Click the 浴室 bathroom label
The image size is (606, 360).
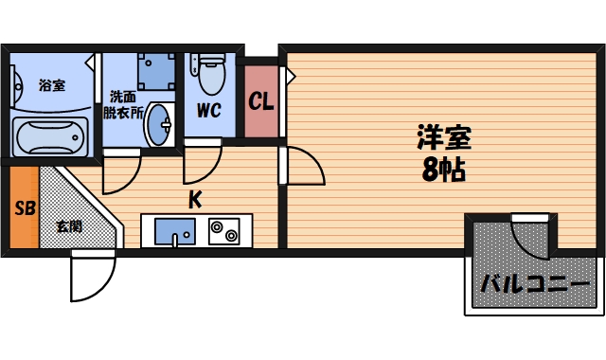pyautogui.click(x=52, y=86)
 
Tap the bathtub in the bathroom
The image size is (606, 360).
pyautogui.click(x=49, y=136)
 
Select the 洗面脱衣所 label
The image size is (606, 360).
pyautogui.click(x=123, y=103)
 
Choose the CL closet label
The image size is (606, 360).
pyautogui.click(x=260, y=100)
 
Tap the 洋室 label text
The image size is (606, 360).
pyautogui.click(x=443, y=138)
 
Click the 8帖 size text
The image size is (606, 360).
pyautogui.click(x=443, y=171)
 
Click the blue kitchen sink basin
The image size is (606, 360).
pyautogui.click(x=173, y=230)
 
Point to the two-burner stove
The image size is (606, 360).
pyautogui.click(x=225, y=231)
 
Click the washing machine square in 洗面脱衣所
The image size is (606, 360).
pyautogui.click(x=156, y=70)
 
